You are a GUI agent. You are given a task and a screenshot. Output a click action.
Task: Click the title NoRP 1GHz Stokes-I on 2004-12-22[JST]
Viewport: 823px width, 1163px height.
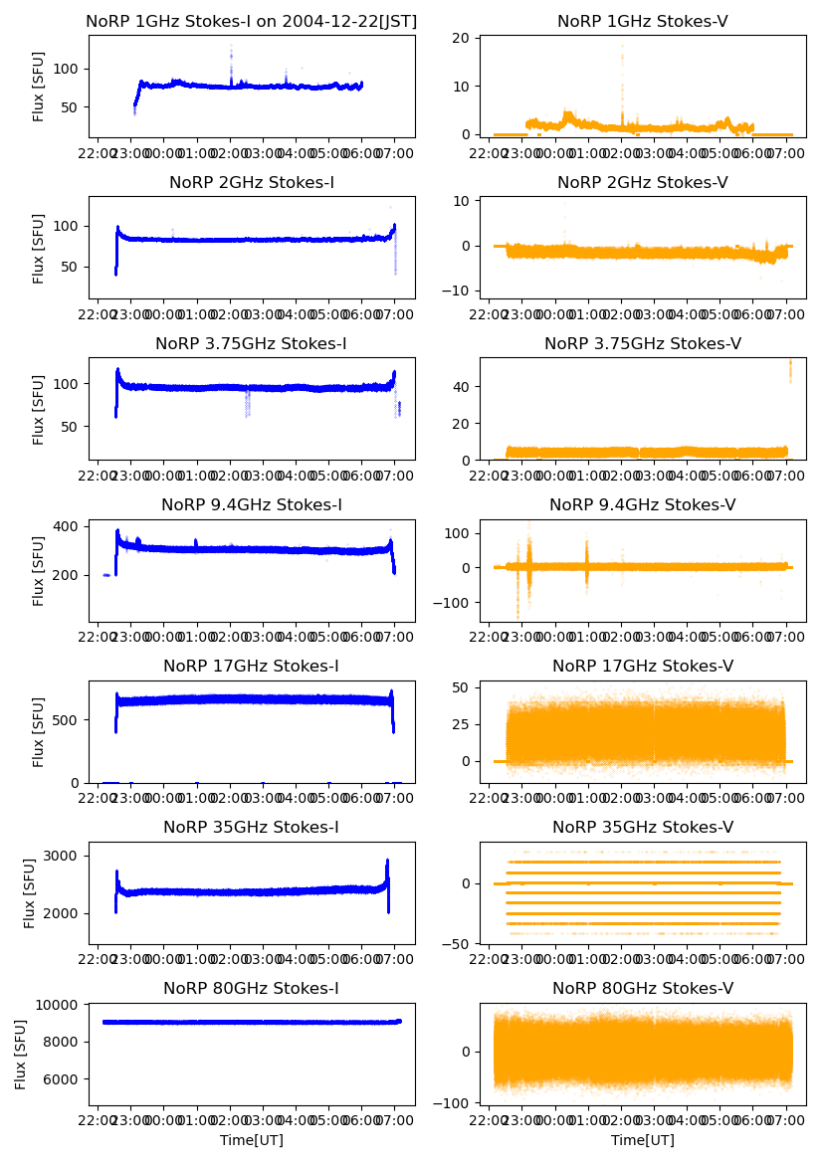coord(252,21)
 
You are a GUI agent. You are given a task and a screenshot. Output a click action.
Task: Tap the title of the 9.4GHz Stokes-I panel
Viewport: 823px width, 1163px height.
coord(252,505)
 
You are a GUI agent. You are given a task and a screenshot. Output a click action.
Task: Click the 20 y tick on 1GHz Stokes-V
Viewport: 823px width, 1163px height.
coord(468,39)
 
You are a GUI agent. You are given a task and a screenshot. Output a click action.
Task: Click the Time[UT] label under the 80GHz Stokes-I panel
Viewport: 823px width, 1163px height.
coord(252,1140)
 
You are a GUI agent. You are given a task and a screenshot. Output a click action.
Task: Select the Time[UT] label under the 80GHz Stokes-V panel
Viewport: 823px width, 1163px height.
coord(643,1140)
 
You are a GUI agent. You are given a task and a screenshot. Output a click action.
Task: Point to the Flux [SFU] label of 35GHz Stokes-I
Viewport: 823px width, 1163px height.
coord(31,893)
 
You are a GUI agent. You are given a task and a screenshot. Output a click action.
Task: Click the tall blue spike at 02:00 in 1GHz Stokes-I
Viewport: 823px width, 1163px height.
coord(231,55)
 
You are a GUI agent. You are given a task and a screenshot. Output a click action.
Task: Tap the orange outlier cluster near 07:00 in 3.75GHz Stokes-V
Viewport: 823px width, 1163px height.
coord(790,368)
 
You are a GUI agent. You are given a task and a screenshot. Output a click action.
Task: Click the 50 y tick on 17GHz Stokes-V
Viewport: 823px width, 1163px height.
coord(468,687)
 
